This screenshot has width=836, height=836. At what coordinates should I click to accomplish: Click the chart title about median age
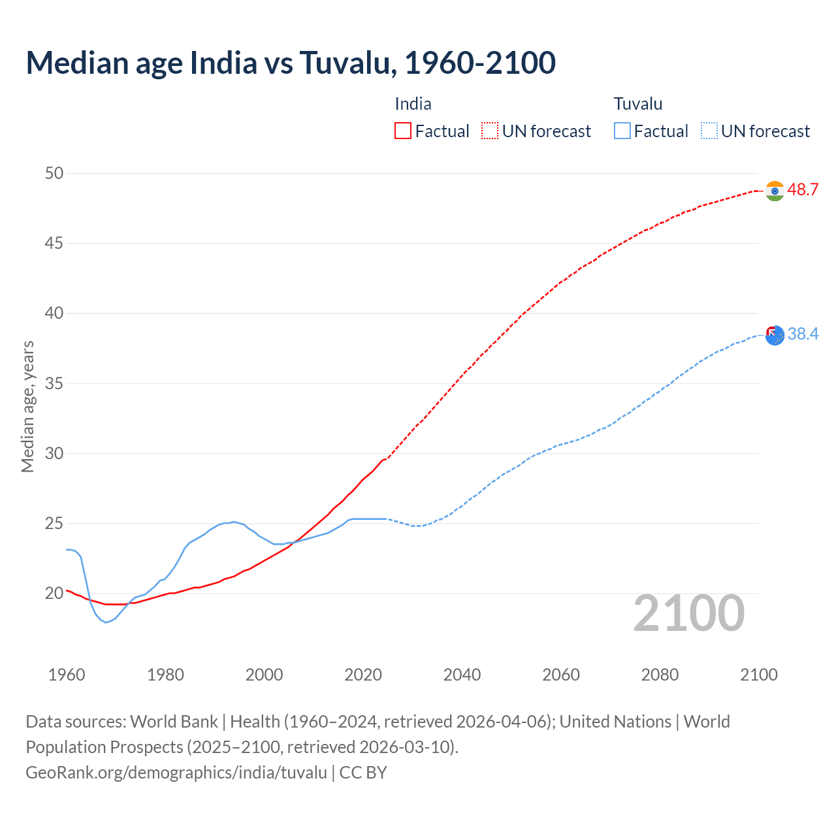point(291,63)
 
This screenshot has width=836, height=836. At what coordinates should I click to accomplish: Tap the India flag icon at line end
point(775,191)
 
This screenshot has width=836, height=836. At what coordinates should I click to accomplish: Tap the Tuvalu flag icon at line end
point(775,335)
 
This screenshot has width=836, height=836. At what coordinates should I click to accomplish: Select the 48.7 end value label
point(803,190)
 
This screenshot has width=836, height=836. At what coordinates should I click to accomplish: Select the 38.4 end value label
point(803,334)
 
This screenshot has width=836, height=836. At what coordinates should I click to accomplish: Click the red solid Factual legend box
point(403,131)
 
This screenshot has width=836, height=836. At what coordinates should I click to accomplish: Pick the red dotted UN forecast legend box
point(490,131)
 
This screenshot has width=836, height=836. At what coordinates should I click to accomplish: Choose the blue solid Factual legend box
point(622,131)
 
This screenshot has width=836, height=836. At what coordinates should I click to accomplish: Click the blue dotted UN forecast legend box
point(709,131)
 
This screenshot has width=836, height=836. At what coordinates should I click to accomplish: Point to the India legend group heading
point(413,104)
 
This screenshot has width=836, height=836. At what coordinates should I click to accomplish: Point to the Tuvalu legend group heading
point(638,104)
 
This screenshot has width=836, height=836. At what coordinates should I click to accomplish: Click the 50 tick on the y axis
point(54,173)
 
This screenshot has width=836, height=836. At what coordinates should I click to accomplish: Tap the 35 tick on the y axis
point(54,383)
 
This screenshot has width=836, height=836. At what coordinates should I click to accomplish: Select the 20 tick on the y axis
point(54,593)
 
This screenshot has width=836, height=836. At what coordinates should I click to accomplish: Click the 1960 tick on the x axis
point(67,675)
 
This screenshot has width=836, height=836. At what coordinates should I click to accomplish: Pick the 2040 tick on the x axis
point(462,675)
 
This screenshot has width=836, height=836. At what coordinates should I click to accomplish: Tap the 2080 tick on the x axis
point(660,675)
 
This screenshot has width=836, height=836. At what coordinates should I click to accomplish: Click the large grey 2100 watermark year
point(689,613)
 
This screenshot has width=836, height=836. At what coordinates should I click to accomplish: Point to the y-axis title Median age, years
point(27,406)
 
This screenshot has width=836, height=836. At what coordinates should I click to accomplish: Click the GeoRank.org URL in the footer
point(176,773)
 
